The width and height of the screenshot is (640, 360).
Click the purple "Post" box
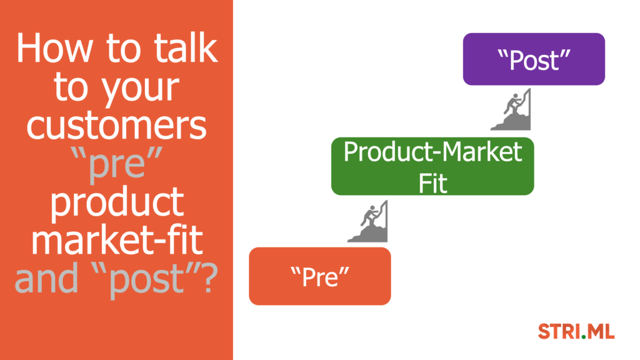pos(534,59)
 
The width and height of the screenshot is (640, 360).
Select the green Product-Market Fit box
pos(432,166)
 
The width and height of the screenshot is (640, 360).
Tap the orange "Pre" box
pos(320,276)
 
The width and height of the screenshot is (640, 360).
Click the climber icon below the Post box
pos(511,109)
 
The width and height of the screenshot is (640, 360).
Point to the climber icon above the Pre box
pos(367,221)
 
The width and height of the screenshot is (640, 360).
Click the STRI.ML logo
pos(576,331)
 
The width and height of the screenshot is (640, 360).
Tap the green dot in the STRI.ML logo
pos(584,337)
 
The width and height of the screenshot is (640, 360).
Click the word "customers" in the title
pos(117,125)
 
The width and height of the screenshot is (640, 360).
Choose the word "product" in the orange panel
pos(117,203)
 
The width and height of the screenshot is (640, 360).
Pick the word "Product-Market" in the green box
pos(432,152)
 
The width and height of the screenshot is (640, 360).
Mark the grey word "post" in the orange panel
pos(146,280)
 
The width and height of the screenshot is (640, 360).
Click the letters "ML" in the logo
pos(601,331)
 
